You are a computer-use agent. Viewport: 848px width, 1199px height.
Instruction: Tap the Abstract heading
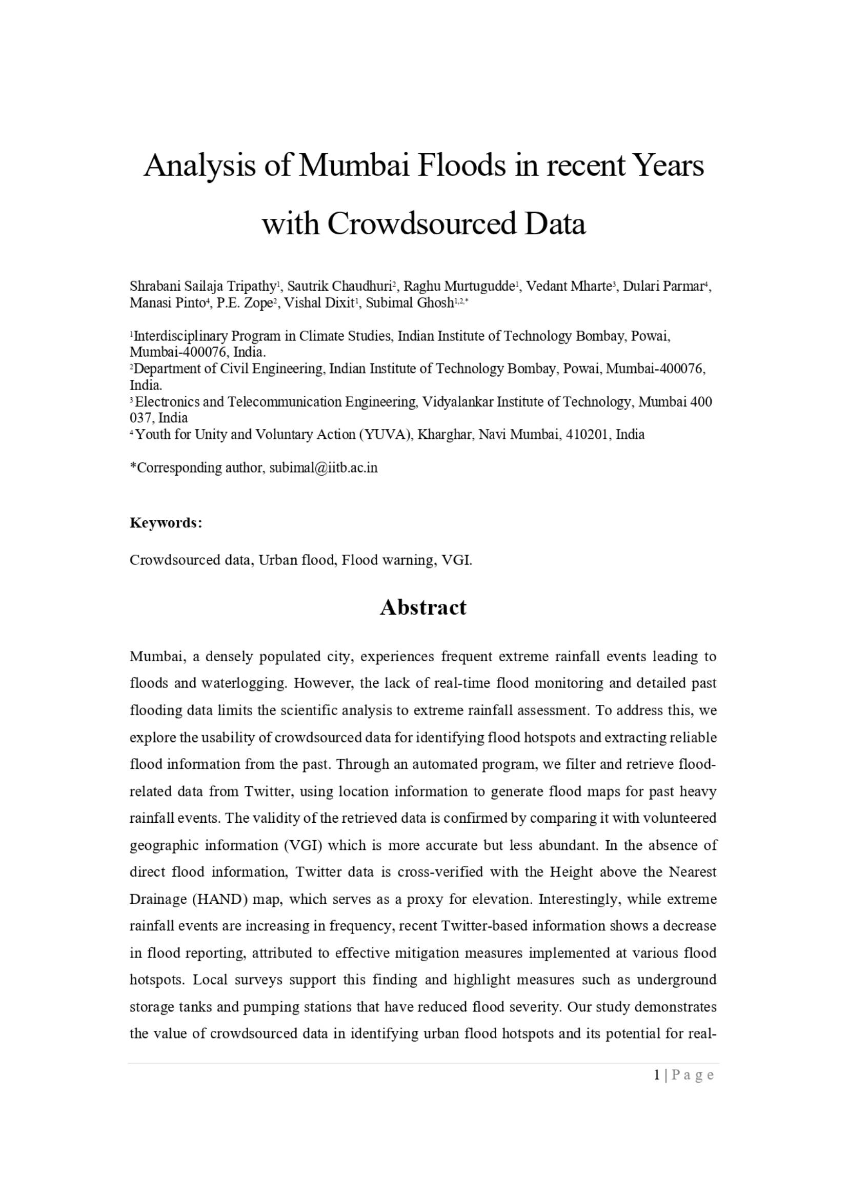pos(423,607)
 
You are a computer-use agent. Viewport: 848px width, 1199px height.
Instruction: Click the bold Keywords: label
pos(166,523)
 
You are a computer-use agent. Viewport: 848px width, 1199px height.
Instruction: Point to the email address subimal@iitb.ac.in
pos(322,468)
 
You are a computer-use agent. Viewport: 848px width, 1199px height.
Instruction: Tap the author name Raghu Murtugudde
pos(459,286)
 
